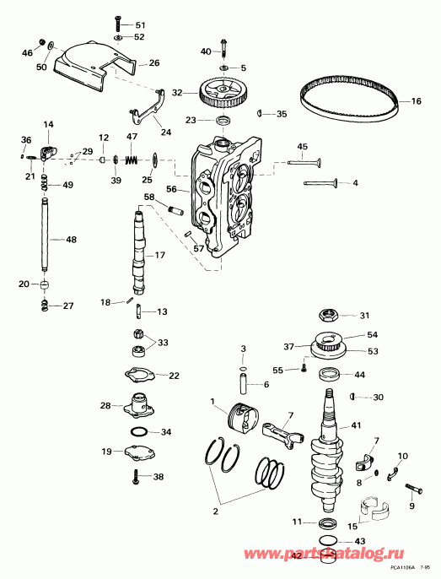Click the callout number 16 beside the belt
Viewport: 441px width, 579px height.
click(416, 101)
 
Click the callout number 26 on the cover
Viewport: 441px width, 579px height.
click(154, 62)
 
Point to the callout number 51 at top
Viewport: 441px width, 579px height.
click(140, 25)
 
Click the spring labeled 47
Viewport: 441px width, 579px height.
click(131, 159)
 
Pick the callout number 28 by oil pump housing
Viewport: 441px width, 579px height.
click(105, 406)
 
